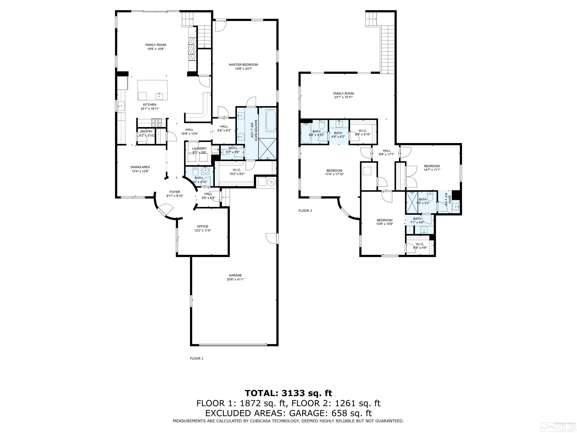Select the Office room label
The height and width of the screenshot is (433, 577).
click(x=202, y=226)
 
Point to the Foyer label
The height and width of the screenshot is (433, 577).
click(x=175, y=192)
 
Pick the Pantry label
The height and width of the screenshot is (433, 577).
click(x=146, y=132)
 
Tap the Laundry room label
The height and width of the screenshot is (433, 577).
click(x=199, y=148)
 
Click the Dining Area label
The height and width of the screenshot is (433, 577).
click(x=140, y=167)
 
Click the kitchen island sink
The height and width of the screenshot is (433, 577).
click(x=159, y=96)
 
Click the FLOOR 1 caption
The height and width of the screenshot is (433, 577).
click(x=197, y=358)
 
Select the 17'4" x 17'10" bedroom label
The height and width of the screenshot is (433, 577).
click(x=334, y=171)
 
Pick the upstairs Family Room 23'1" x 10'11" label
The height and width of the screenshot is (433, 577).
click(x=343, y=93)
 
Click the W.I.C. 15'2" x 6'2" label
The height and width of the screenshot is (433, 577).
click(x=237, y=170)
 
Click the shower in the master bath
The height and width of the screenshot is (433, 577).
click(x=267, y=149)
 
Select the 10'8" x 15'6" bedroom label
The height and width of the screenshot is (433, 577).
click(x=384, y=220)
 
